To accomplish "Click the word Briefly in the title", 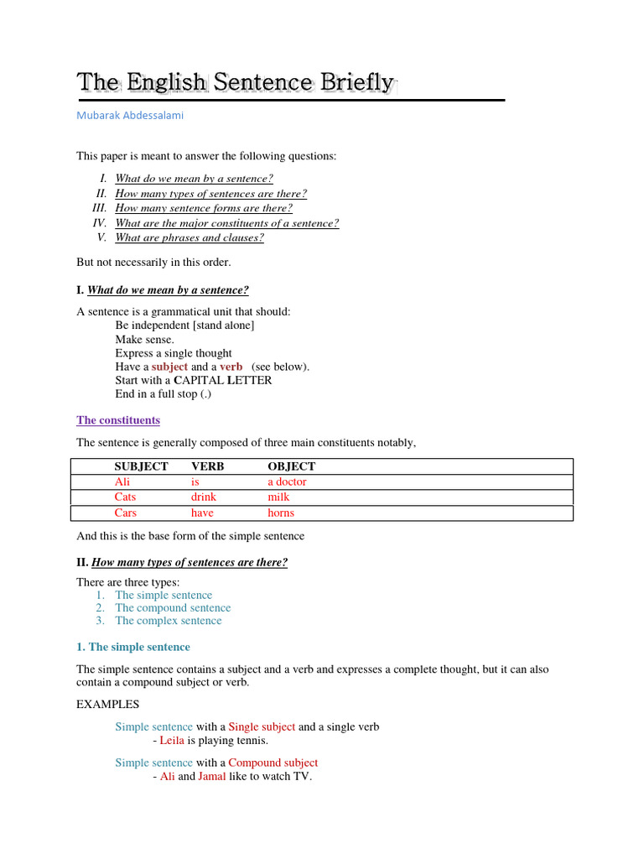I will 356,82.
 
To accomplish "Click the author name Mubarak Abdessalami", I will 130,116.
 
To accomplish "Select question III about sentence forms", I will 204,208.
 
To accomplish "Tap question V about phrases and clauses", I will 190,237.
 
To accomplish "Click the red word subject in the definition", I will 169,367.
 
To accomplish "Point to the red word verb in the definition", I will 231,367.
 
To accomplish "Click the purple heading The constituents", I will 118,420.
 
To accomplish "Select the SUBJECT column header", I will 141,466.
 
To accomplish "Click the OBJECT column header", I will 292,466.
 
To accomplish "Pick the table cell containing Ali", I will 122,482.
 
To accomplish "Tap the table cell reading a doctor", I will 287,482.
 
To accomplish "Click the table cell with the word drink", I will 205,497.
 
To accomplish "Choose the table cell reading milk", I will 278,497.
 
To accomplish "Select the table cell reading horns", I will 281,513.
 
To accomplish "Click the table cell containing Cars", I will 126,513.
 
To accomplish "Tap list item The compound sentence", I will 173,607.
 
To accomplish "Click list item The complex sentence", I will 169,621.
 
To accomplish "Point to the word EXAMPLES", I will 108,704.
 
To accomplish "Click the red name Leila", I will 172,741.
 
